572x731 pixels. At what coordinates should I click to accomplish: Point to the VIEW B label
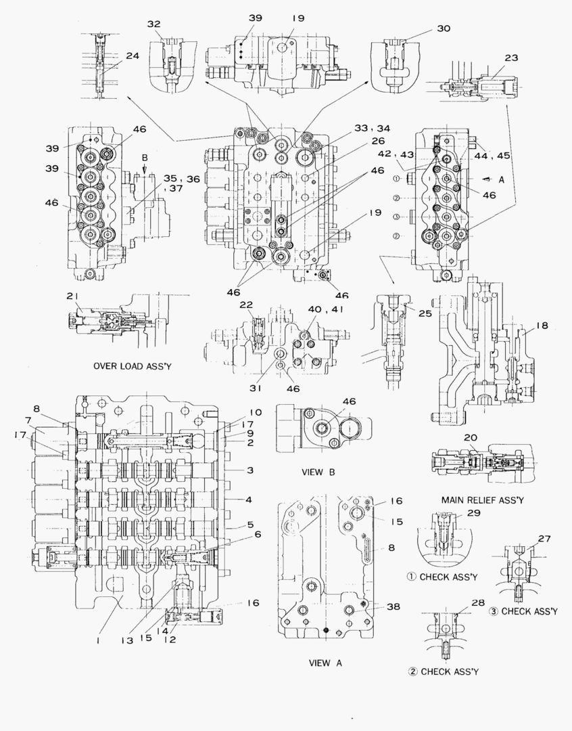pyautogui.click(x=316, y=472)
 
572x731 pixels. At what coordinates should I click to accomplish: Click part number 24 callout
pyautogui.click(x=133, y=56)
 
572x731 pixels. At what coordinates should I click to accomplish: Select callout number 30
pyautogui.click(x=444, y=28)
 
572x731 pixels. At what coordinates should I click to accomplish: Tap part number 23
pyautogui.click(x=511, y=58)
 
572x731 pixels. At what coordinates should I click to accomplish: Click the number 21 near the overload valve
pyautogui.click(x=73, y=296)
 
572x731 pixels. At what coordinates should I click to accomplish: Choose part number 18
pyautogui.click(x=542, y=326)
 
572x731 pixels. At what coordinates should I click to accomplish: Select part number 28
pyautogui.click(x=459, y=602)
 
